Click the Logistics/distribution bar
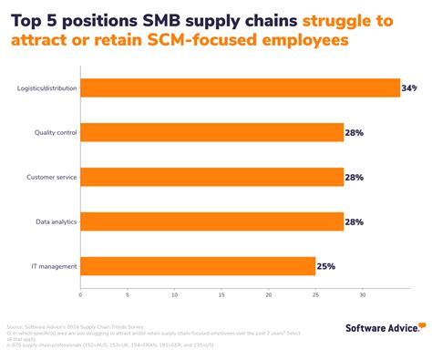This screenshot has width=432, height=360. (x=241, y=88)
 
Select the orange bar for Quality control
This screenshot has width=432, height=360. (x=211, y=132)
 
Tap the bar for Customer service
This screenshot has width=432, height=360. (x=211, y=176)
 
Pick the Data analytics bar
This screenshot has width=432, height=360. (x=211, y=221)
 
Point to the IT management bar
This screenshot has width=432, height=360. (x=198, y=266)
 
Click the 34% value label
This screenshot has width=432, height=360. (x=409, y=88)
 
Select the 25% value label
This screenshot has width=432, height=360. (x=326, y=267)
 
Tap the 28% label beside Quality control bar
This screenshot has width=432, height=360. (x=355, y=133)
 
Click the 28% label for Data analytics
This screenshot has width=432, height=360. (x=355, y=221)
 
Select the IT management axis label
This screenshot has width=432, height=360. (x=56, y=266)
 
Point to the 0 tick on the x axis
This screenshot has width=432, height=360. (x=80, y=294)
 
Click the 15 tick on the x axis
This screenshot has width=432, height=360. (x=221, y=294)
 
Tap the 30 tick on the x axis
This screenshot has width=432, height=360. (x=363, y=294)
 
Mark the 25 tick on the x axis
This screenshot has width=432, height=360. (x=315, y=294)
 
